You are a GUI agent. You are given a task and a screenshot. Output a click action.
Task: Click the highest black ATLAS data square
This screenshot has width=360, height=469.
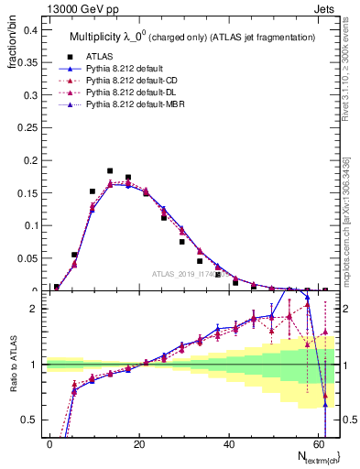pos(110,170)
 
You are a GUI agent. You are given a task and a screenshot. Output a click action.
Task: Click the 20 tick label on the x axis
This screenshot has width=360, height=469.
pos(139,442)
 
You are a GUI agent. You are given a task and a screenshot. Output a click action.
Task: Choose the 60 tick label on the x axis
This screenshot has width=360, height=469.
pos(317,442)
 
